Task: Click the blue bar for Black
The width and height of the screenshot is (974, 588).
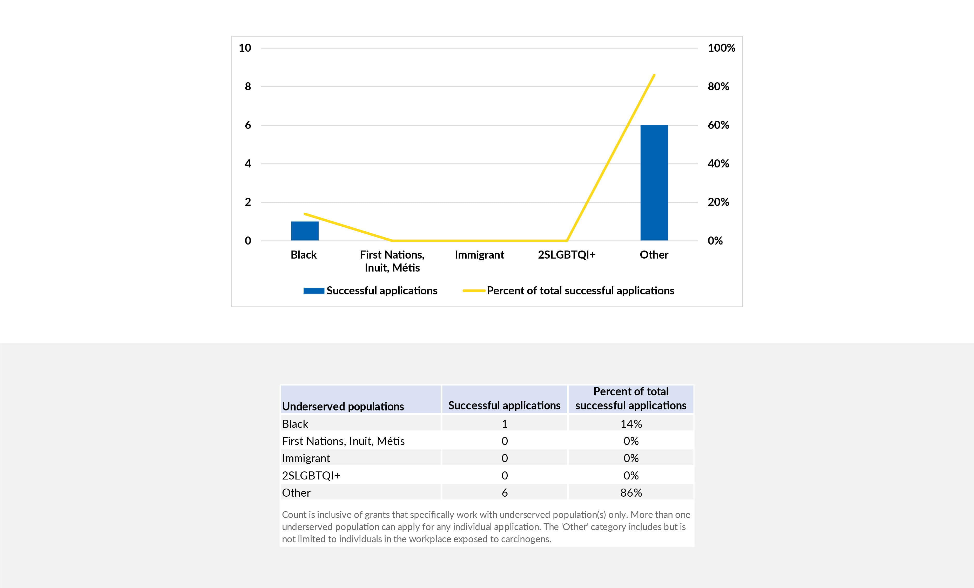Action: coord(305,231)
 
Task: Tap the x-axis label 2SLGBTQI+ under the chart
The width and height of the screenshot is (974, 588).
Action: coord(566,255)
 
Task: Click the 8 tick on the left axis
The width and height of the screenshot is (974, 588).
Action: coord(248,86)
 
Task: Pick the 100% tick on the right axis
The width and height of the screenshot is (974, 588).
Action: coord(721,48)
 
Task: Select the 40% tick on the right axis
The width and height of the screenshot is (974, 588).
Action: coord(718,164)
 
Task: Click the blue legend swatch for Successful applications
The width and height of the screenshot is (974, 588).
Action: coord(314,291)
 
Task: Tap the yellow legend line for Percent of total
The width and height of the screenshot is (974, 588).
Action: coord(474,291)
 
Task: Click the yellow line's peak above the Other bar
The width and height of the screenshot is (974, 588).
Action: coord(654,75)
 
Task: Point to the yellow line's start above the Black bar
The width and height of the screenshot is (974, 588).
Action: coord(305,214)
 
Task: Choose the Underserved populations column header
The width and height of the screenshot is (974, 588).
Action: coord(343,406)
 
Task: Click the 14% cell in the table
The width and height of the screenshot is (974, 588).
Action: coord(631,424)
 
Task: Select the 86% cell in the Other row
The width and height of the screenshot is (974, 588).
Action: coord(631,493)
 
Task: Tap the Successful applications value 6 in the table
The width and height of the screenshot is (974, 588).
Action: coord(504,493)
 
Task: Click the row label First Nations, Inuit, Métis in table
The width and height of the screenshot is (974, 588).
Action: coord(343,441)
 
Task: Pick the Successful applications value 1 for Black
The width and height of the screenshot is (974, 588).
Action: coord(504,424)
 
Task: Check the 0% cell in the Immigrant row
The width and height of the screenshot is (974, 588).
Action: coord(631,458)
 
